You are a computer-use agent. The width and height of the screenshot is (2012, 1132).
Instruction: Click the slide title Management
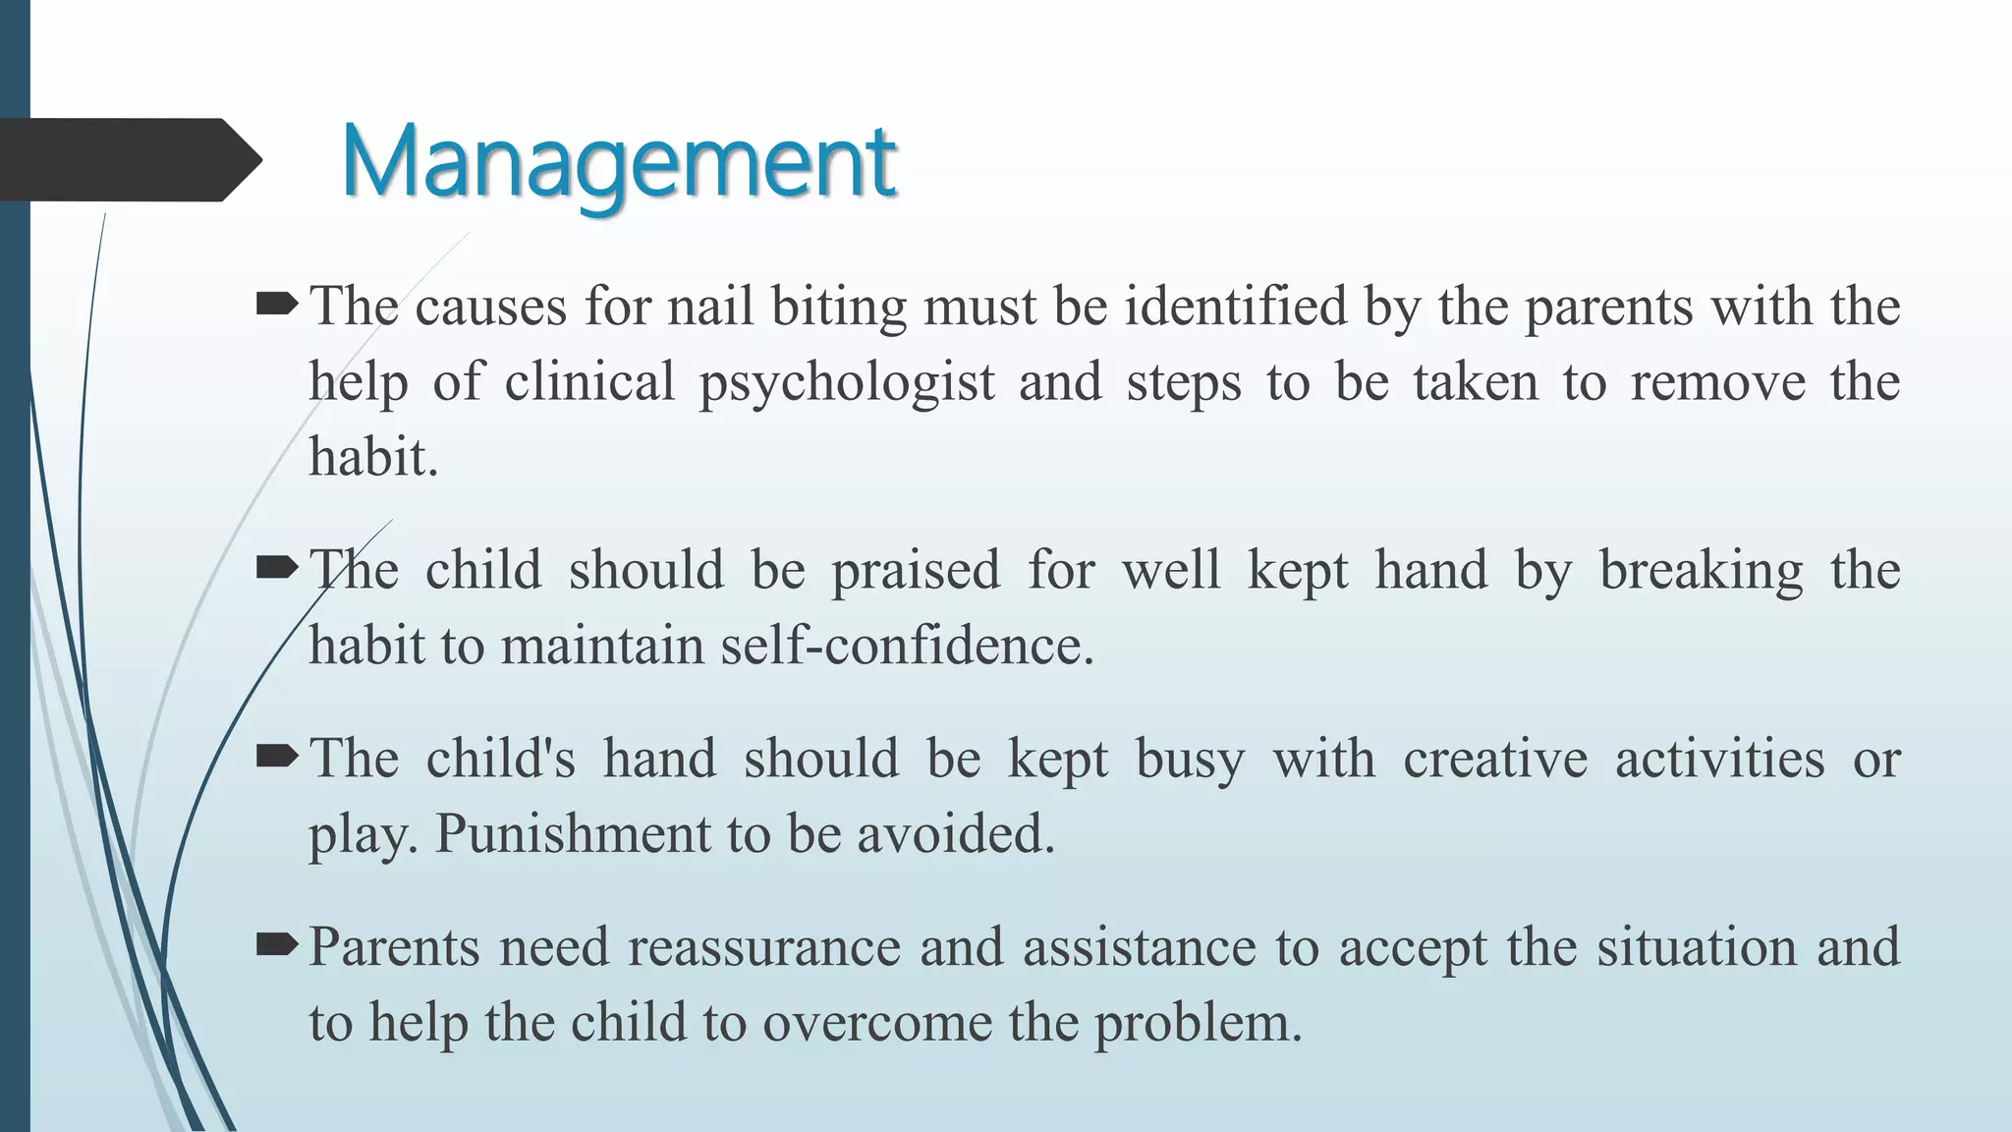click(618, 161)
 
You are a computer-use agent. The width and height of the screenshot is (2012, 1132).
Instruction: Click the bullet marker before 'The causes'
click(276, 307)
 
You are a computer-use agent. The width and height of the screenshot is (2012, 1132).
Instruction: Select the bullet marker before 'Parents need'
click(276, 946)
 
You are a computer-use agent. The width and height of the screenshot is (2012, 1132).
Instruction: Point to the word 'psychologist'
click(847, 383)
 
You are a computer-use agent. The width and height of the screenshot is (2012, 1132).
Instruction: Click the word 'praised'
click(916, 571)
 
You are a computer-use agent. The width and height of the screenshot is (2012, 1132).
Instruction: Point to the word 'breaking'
click(1701, 571)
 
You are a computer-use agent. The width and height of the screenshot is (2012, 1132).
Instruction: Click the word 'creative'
click(1494, 759)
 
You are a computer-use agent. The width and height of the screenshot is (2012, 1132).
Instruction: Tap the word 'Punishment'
click(573, 834)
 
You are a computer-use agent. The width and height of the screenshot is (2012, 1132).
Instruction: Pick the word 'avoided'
click(954, 834)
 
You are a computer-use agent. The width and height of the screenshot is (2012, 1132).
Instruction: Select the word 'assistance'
click(1139, 947)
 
